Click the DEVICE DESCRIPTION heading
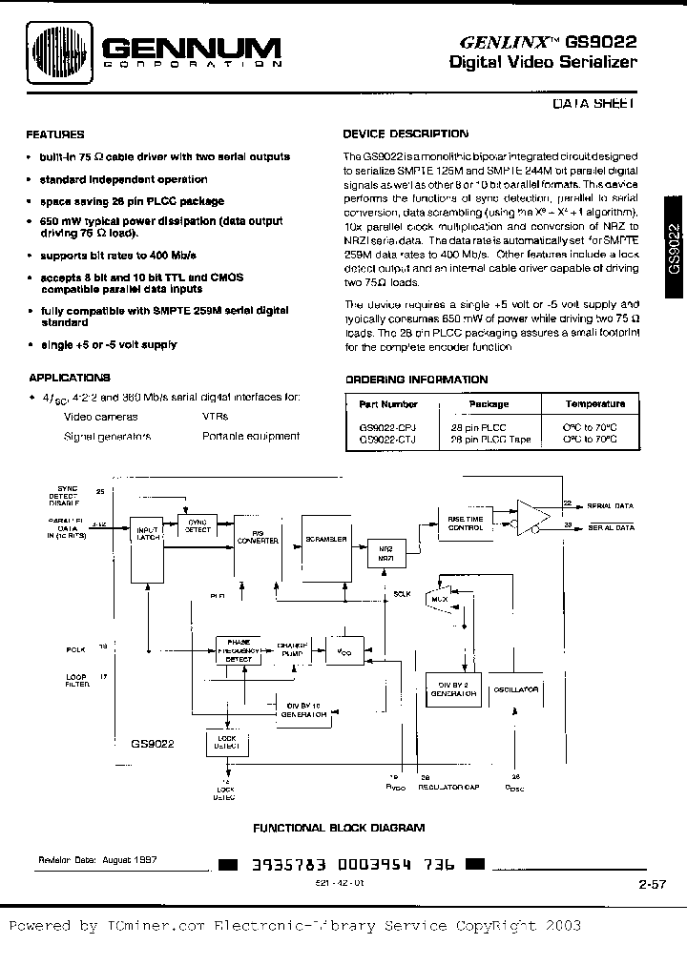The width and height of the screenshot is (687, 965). click(406, 134)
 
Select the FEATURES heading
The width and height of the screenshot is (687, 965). click(55, 134)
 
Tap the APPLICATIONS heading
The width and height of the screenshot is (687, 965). click(70, 378)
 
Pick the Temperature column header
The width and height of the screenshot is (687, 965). click(595, 404)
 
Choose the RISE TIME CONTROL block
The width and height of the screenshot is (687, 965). click(466, 522)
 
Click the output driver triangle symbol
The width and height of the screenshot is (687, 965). click(532, 516)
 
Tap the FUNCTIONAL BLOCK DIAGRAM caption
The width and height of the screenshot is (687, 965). click(338, 828)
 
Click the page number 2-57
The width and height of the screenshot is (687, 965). click(652, 886)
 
